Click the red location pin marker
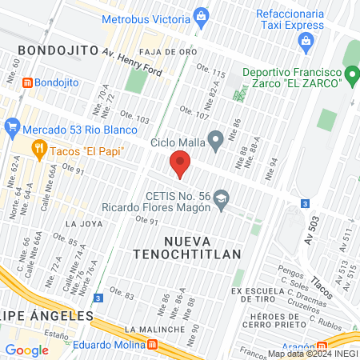click(180, 166)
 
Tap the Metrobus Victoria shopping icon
click(200, 14)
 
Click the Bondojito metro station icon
click(27, 82)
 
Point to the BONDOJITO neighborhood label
click(51, 50)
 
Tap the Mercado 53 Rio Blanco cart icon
click(11, 126)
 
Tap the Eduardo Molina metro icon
click(152, 345)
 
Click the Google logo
click(26, 350)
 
